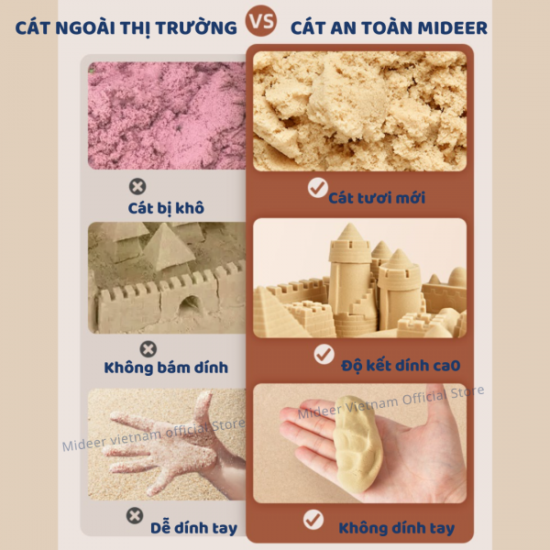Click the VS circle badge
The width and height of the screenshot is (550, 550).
pos(261,21)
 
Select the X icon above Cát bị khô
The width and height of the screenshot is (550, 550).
pos(137,187)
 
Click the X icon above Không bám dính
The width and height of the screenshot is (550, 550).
pos(148,349)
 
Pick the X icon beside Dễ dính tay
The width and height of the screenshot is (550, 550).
pos(135,515)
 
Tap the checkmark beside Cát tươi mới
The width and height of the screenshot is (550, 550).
pos(318,188)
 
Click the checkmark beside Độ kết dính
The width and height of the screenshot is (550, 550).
pos(324,354)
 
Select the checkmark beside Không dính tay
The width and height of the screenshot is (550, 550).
pos(313,520)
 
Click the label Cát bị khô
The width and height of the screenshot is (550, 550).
pos(166,208)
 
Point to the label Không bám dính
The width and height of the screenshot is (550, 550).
pos(166,368)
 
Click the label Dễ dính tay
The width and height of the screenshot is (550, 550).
pos(194,528)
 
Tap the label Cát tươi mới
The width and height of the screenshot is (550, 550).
pos(377,198)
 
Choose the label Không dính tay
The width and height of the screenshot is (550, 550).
pos(397,528)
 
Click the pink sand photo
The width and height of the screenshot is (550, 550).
pos(167,115)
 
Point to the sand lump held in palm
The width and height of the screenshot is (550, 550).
pos(357,444)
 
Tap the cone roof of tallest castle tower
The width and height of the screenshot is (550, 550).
pos(349,232)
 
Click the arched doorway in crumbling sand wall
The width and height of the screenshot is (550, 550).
pos(190,305)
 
